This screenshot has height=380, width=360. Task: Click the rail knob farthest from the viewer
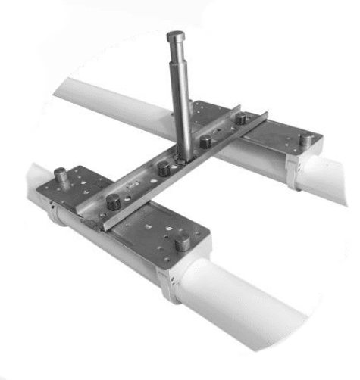(x=241, y=119)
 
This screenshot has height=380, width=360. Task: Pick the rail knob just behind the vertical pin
(x=205, y=141)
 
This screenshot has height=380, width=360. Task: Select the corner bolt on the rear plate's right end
(x=306, y=140)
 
